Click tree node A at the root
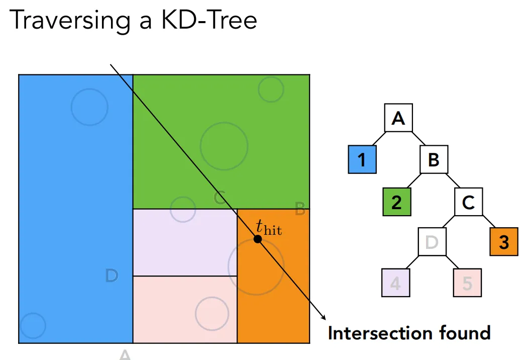pos(398,118)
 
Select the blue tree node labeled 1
pos(362,159)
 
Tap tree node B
pos(434,159)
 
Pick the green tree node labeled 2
pos(397,202)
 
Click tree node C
pos(469,202)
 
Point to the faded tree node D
pos(432,241)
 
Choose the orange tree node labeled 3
pos(504,241)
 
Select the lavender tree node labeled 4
pos(395,283)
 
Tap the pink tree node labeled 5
pos(467,283)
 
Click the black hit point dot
pos(257,239)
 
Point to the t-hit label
pos(269,227)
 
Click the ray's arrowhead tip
pos(326,320)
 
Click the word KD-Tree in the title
pos(209,20)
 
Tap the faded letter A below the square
pos(125,354)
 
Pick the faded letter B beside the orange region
pos(300,209)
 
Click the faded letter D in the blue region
pos(112,276)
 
